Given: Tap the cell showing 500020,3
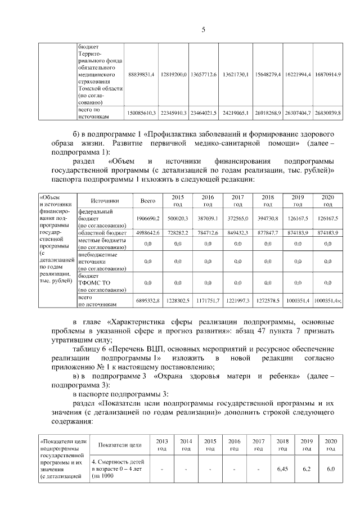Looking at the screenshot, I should [x=178, y=218].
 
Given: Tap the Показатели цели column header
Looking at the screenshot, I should [x=119, y=445].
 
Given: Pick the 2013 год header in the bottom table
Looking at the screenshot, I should [x=161, y=445].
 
